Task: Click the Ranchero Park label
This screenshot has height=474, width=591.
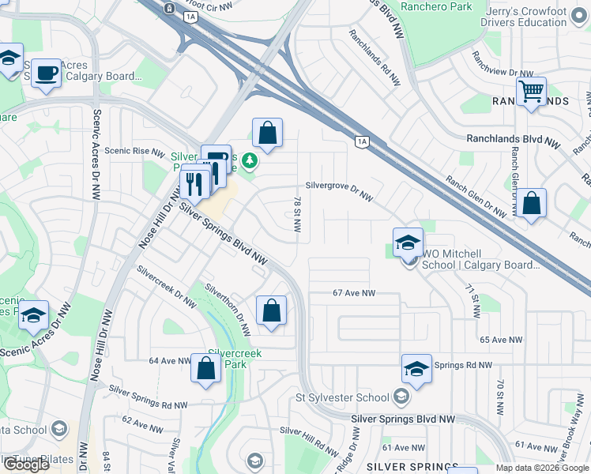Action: coord(436,6)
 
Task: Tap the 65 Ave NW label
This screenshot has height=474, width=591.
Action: coord(501,340)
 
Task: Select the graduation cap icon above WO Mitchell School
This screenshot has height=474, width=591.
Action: coord(408,242)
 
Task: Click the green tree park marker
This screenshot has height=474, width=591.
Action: coord(250,161)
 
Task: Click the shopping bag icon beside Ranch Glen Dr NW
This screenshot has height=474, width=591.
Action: coord(533,203)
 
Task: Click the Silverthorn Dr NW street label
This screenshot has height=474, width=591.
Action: coord(228,309)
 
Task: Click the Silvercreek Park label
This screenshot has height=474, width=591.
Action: coord(234,359)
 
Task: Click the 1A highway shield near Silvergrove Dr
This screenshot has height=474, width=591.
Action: coord(362,141)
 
